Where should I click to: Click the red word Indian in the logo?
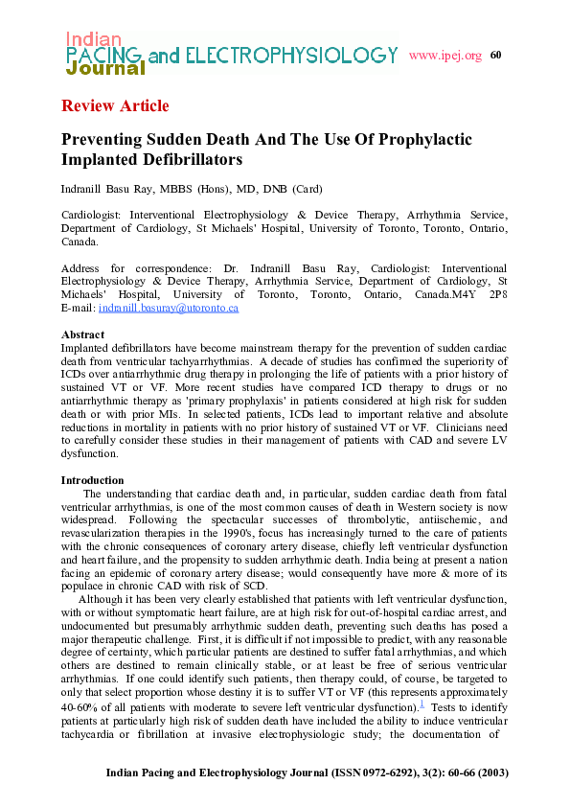tap(93, 39)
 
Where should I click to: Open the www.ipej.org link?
tap(445, 56)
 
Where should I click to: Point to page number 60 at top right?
tap(495, 55)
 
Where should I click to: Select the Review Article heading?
tap(115, 105)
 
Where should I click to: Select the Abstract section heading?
tap(82, 334)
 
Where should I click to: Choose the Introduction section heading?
tap(92, 480)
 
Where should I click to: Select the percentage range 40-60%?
tap(80, 706)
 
